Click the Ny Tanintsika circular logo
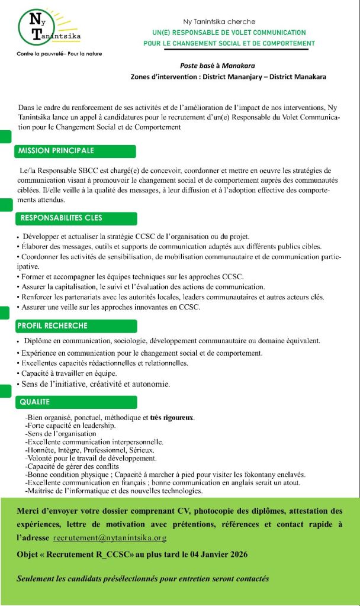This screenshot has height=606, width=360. (x=47, y=27)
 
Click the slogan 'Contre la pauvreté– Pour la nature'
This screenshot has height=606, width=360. (x=59, y=54)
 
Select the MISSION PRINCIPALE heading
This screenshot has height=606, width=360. (x=56, y=150)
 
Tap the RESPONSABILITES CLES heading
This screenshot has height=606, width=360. (x=61, y=218)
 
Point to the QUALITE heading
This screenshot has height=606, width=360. (x=35, y=402)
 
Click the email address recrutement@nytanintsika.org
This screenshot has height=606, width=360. (x=110, y=539)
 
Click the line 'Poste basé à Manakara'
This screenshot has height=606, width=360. (x=217, y=66)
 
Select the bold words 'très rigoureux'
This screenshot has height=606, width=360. (x=172, y=418)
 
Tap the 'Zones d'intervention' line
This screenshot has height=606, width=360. (x=228, y=77)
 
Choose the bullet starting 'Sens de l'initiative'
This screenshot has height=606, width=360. (x=95, y=385)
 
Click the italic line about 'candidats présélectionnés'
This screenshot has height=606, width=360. (x=143, y=578)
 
